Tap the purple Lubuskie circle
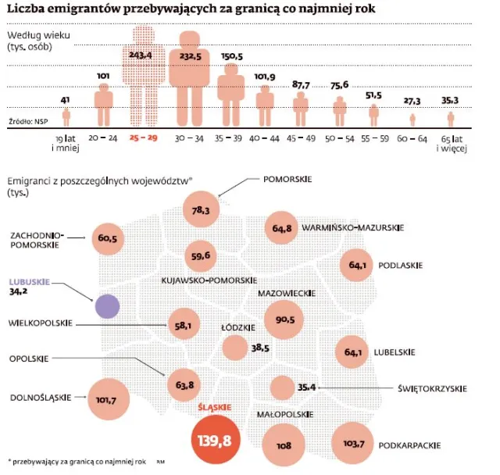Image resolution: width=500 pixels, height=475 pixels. pos(107,305)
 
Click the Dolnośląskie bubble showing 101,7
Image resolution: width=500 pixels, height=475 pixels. pos(109,400)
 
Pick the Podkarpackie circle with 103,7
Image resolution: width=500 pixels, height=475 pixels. pos(353,445)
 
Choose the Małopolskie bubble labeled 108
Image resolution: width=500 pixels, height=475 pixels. pos(284,445)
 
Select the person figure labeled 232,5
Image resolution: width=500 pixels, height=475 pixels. pos(190,78)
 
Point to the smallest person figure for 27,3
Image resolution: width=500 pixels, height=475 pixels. pos(413,120)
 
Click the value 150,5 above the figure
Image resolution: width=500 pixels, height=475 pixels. pos(232,56)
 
